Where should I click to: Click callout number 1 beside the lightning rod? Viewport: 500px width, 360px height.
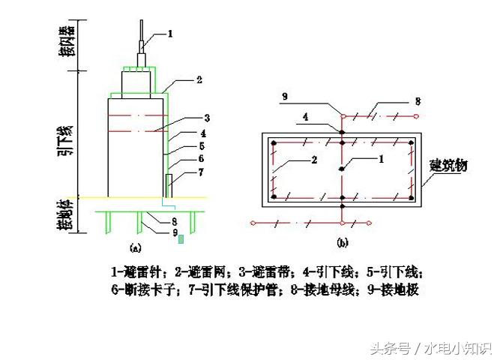tap(170, 33)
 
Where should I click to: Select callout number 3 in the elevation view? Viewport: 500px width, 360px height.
tap(206, 117)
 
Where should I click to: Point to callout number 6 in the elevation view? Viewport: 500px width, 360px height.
tap(200, 159)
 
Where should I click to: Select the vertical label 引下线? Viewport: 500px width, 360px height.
tap(69, 139)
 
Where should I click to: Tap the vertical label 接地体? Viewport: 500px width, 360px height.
tap(69, 214)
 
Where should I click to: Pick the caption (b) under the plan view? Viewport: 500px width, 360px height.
tap(342, 242)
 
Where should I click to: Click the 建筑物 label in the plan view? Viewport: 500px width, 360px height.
tap(448, 165)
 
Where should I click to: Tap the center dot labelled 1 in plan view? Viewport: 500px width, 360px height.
tap(342, 169)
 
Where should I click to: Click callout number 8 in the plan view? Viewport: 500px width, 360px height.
tap(418, 100)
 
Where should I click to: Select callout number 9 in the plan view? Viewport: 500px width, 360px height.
tap(284, 96)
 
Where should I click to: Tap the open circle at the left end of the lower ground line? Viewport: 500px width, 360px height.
tap(254, 223)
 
